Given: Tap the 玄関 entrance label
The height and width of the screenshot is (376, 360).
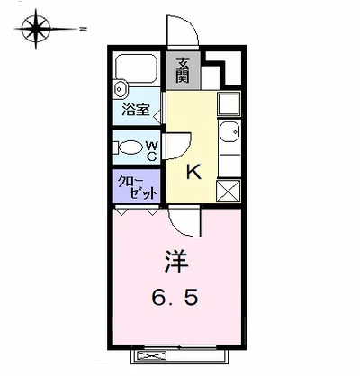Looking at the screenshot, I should (x=183, y=70).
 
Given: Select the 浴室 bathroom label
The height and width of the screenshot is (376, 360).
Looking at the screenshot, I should (x=135, y=112).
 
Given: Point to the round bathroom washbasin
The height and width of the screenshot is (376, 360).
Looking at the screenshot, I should (x=121, y=89).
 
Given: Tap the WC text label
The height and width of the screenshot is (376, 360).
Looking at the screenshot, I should (x=152, y=148).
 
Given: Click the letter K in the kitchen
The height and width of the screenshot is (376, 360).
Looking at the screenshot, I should (x=192, y=171).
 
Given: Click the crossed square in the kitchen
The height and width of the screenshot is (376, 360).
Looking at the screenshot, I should (x=229, y=189).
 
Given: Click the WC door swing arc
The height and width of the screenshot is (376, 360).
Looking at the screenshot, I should (x=176, y=146).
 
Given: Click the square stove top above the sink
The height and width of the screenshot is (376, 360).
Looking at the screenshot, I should (x=228, y=103).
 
